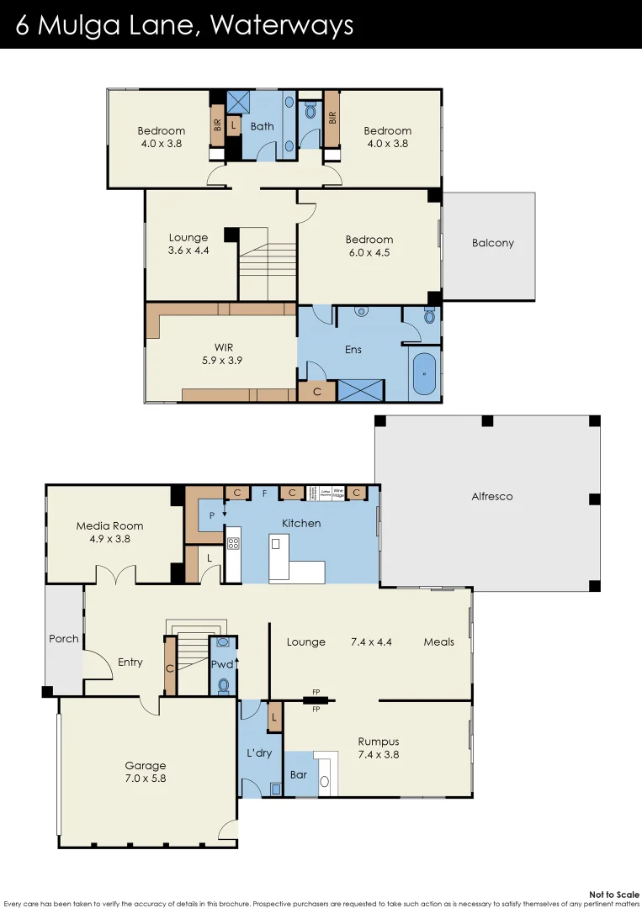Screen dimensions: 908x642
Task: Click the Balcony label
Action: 492,243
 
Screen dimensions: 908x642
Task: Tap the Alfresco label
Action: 491,496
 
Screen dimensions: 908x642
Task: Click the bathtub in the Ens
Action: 425,372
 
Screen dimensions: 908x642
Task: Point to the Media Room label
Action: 109,525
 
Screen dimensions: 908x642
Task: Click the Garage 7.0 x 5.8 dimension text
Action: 146,779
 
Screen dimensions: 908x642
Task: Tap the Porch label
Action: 63,639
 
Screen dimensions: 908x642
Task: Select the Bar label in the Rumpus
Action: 299,774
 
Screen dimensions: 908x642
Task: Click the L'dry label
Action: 259,752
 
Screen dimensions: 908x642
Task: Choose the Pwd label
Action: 221,663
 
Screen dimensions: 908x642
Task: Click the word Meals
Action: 438,641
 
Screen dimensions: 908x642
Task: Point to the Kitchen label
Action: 301,523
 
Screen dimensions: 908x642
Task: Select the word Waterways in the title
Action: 282,25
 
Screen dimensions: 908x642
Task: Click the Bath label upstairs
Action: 263,127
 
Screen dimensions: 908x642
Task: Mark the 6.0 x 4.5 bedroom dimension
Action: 369,252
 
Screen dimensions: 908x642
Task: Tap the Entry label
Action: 130,663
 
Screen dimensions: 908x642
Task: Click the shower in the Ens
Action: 360,390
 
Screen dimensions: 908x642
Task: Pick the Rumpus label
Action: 378,742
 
